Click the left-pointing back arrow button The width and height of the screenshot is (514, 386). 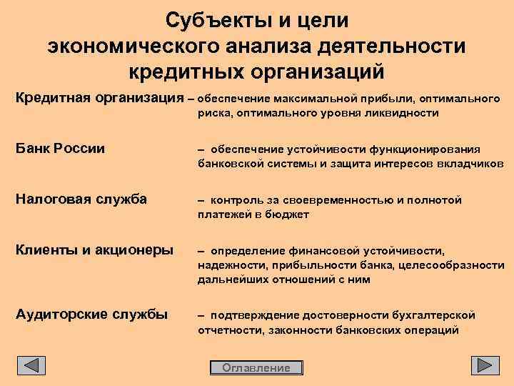(x=31, y=365)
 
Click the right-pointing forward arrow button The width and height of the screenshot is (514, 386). (x=485, y=365)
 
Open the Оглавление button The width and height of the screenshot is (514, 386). (x=256, y=368)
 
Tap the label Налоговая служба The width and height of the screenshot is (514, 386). (x=81, y=199)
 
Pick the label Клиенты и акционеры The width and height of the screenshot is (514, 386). (x=94, y=250)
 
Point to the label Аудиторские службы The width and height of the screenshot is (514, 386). (x=91, y=314)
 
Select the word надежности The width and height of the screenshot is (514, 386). (x=230, y=265)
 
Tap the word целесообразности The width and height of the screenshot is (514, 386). (x=458, y=265)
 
